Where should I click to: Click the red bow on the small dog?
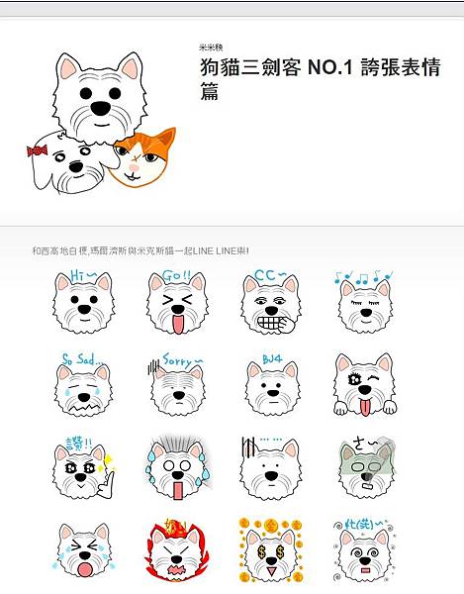[38, 151]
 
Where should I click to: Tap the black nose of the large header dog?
[100, 106]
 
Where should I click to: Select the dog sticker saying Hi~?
[83, 302]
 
